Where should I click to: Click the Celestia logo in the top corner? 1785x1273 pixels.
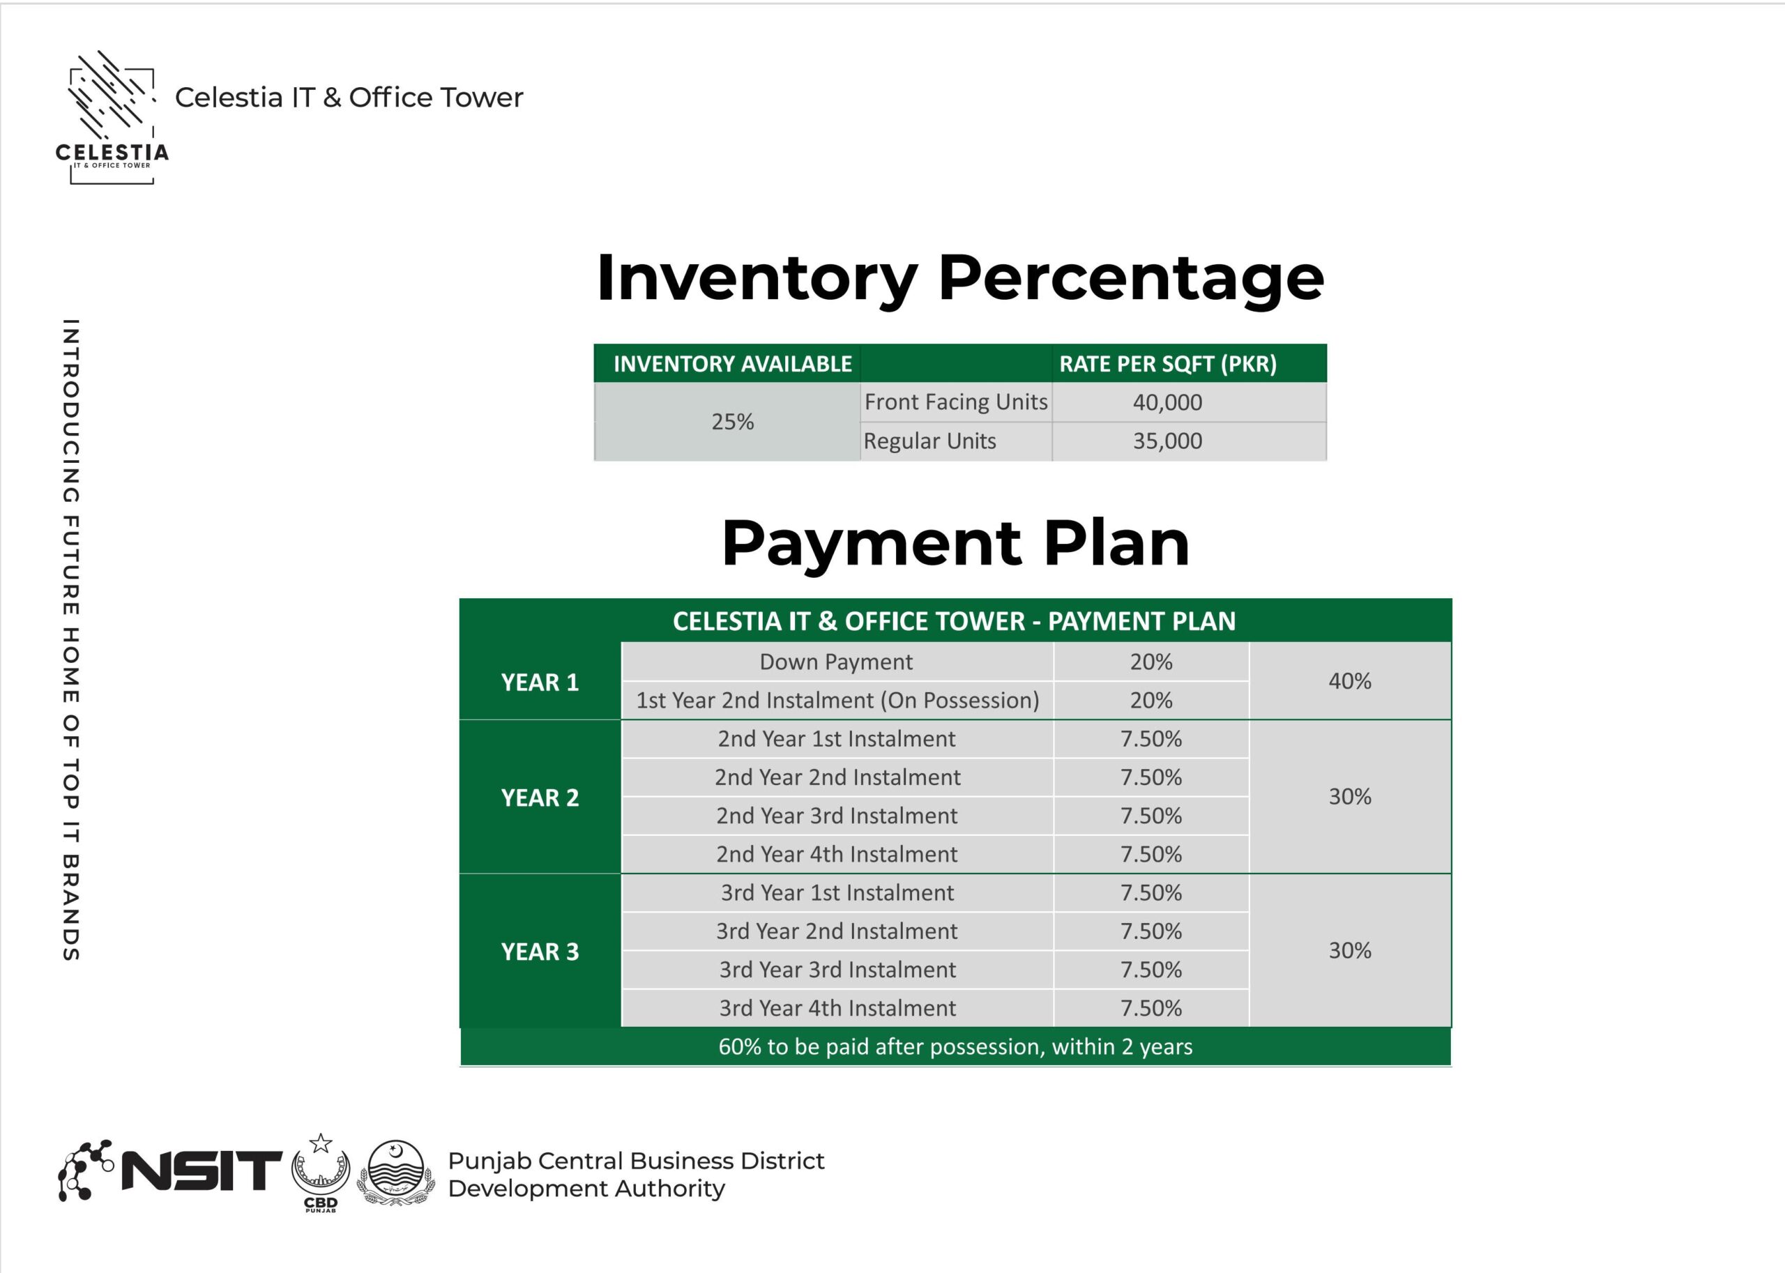coord(112,118)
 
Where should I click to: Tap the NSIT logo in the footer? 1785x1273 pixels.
coord(169,1171)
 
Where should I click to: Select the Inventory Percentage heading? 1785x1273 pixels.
coord(959,277)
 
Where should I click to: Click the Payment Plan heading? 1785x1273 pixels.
coord(955,542)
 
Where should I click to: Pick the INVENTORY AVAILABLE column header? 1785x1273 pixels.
coord(731,364)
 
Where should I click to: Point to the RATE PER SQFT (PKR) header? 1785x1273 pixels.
coord(1167,364)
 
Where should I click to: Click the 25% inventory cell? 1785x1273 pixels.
coord(732,422)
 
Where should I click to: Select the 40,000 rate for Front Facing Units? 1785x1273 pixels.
coord(1167,402)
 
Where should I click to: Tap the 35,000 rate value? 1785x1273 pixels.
coord(1167,441)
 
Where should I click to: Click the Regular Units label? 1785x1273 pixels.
coord(929,441)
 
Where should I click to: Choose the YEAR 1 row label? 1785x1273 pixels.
coord(540,682)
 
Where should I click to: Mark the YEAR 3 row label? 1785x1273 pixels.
coord(540,951)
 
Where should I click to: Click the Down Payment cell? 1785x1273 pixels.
coord(835,662)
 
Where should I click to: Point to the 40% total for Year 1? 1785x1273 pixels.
coord(1349,680)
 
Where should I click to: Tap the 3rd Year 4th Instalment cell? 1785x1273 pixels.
coord(837,1008)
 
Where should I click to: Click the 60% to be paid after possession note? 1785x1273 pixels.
coord(955,1046)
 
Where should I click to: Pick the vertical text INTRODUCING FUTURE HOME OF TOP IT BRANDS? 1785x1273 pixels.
coord(70,639)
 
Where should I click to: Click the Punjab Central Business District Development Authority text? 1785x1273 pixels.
coord(635,1174)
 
